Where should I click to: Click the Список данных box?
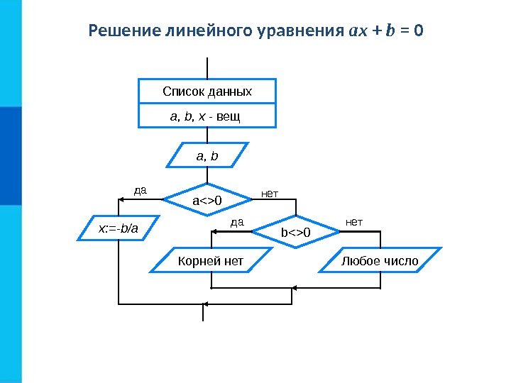click(207, 92)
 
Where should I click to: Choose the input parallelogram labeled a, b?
click(207, 155)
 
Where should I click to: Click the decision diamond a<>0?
click(207, 201)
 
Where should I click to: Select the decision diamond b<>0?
click(297, 232)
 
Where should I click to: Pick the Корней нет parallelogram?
click(211, 262)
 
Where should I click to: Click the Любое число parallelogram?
click(380, 262)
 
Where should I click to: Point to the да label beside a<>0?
click(141, 190)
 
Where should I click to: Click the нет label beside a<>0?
click(270, 192)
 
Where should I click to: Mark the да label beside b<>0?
click(238, 222)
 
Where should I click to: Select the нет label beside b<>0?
click(353, 222)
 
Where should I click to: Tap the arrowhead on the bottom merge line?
click(295, 289)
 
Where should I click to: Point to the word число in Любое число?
click(401, 262)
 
